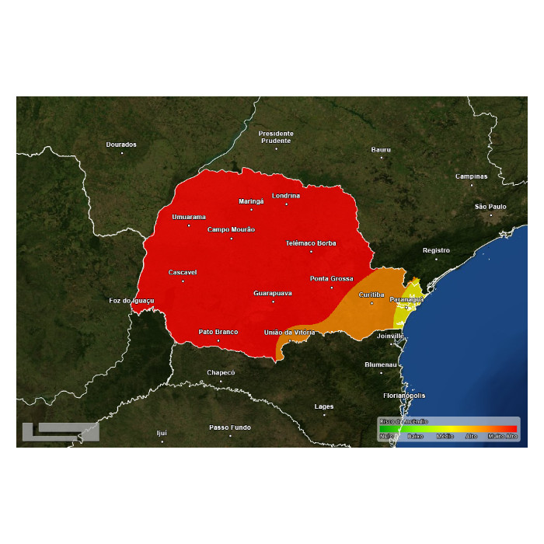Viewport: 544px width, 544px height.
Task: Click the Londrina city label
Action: pyautogui.click(x=286, y=196)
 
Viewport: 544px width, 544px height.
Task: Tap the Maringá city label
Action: pyautogui.click(x=251, y=201)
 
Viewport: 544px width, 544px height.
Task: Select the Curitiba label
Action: pyautogui.click(x=371, y=295)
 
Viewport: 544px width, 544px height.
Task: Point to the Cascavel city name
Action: pyautogui.click(x=183, y=273)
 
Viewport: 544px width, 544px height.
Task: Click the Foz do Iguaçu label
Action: pyautogui.click(x=132, y=301)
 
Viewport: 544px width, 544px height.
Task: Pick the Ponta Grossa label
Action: pyautogui.click(x=332, y=278)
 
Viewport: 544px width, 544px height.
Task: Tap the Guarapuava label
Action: pyautogui.click(x=273, y=293)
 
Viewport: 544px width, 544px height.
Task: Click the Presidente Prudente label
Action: pyautogui.click(x=276, y=137)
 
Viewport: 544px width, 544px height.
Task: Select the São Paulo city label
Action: pyautogui.click(x=490, y=207)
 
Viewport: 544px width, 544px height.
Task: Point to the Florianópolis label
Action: pyautogui.click(x=405, y=396)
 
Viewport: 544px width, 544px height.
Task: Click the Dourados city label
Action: pyautogui.click(x=121, y=145)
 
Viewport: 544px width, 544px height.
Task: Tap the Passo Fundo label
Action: pyautogui.click(x=230, y=427)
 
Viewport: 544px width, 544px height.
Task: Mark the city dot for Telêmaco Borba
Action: pyautogui.click(x=311, y=251)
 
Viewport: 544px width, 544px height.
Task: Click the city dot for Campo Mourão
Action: pyautogui.click(x=231, y=238)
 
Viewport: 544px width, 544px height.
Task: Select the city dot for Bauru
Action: pyautogui.click(x=381, y=157)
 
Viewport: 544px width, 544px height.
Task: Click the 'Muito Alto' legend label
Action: pyautogui.click(x=502, y=437)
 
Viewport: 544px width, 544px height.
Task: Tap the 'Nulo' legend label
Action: pyautogui.click(x=386, y=437)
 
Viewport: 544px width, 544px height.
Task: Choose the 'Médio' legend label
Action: pyautogui.click(x=445, y=437)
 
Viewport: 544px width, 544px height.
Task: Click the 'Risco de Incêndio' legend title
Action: pyautogui.click(x=403, y=421)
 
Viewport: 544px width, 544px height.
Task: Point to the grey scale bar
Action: pyautogui.click(x=61, y=431)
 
